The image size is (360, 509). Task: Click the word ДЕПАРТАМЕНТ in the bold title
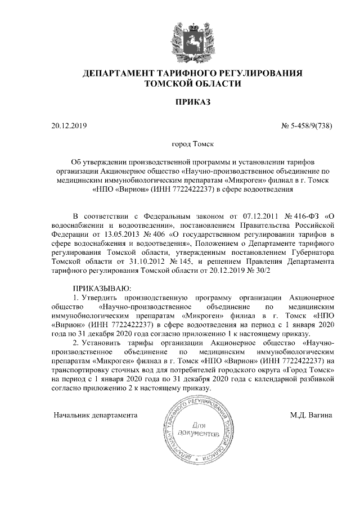point(120,74)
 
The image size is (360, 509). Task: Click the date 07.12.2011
point(249,216)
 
